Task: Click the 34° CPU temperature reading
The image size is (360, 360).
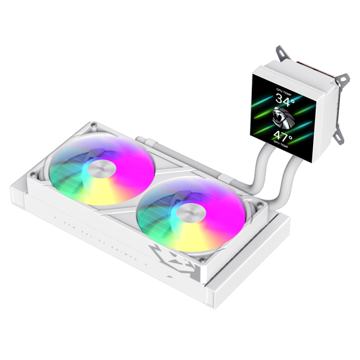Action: click(x=284, y=99)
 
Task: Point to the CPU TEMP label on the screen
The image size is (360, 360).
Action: click(x=284, y=90)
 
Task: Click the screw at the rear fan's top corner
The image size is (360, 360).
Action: click(x=93, y=125)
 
